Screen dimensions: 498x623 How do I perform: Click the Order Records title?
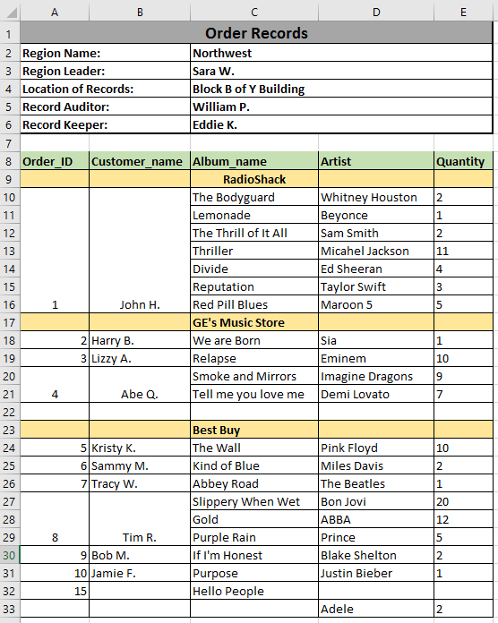click(256, 33)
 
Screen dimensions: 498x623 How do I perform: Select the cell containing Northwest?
click(222, 54)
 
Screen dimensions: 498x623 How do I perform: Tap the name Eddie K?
click(215, 125)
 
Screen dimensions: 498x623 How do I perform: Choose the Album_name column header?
click(229, 162)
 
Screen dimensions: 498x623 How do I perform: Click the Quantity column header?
click(460, 162)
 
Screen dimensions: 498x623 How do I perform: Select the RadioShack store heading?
click(253, 180)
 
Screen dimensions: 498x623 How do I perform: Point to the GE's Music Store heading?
click(238, 323)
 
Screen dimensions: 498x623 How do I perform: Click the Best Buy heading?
click(217, 431)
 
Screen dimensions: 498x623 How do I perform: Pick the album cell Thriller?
click(212, 252)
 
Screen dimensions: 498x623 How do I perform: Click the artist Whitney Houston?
click(368, 198)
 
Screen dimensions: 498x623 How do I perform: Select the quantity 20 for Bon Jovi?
click(443, 502)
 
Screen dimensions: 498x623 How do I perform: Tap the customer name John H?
click(140, 305)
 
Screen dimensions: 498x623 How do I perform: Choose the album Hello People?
click(228, 592)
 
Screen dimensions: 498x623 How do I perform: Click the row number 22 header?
click(9, 413)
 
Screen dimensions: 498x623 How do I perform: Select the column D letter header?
click(376, 12)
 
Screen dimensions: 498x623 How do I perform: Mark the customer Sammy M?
click(119, 466)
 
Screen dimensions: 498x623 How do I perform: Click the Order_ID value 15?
click(80, 592)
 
